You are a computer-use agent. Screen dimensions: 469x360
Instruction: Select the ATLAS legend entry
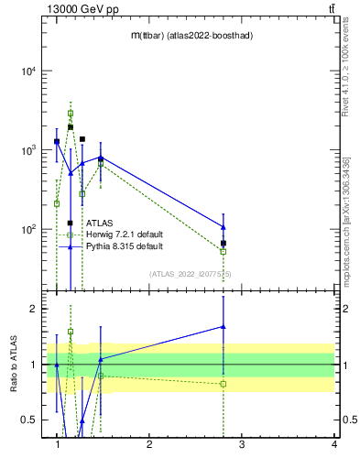tap(99, 223)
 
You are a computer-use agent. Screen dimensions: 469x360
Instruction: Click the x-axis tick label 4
tap(334, 446)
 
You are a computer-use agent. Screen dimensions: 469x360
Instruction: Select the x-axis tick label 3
tap(242, 446)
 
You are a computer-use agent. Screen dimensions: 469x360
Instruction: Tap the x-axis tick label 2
tap(149, 446)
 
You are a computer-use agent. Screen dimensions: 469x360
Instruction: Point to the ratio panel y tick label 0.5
tap(28, 420)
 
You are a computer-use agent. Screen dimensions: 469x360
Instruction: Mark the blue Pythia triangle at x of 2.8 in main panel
tap(224, 226)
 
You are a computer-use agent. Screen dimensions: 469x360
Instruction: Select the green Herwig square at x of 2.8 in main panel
tap(224, 251)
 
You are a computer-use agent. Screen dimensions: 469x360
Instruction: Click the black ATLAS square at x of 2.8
tap(224, 244)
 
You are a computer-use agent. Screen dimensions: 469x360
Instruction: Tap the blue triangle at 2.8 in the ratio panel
tap(224, 326)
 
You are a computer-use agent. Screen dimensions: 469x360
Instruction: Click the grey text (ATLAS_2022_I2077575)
tap(191, 273)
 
